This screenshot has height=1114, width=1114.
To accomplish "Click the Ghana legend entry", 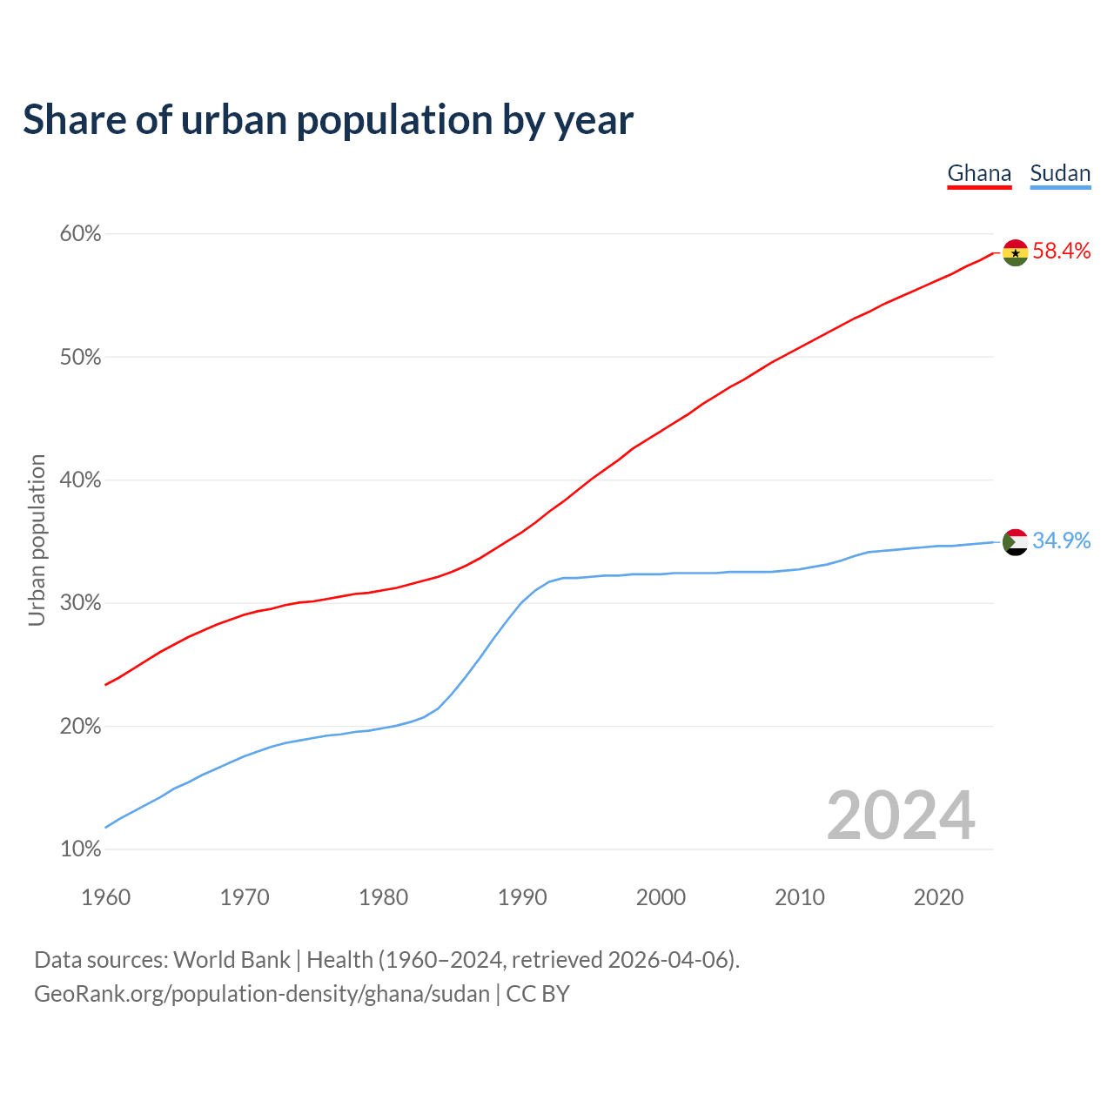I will point(979,173).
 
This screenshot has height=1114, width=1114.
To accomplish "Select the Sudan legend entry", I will point(1060,173).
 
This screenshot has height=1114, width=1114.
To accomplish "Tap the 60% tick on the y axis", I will point(81,234).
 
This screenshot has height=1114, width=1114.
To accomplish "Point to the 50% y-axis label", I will point(81,358).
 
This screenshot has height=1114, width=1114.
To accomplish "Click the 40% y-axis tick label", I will point(81,480).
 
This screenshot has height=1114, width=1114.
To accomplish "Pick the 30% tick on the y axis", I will point(81,603).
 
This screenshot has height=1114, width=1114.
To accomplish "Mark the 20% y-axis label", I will point(81,727).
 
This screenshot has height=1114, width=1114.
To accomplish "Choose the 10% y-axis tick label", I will point(81,849).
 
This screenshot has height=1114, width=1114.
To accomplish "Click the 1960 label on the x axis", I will point(106,897).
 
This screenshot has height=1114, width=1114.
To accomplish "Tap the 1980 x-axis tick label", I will point(384,897).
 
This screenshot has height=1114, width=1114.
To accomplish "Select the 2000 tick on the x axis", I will point(661,897).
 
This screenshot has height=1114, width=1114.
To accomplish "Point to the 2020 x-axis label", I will point(938,897).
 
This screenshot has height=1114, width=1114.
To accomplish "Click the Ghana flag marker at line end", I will point(1015,252).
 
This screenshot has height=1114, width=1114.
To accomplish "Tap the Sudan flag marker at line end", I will point(1015,542).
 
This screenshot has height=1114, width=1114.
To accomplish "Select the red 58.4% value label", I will point(1062,252).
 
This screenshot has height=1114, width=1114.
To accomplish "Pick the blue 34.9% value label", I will point(1062,541).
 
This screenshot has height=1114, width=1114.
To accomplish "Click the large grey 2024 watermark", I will point(901,815).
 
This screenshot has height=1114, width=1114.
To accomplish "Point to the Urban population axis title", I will point(37,540).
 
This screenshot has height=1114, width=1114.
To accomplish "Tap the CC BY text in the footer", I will point(538,994).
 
